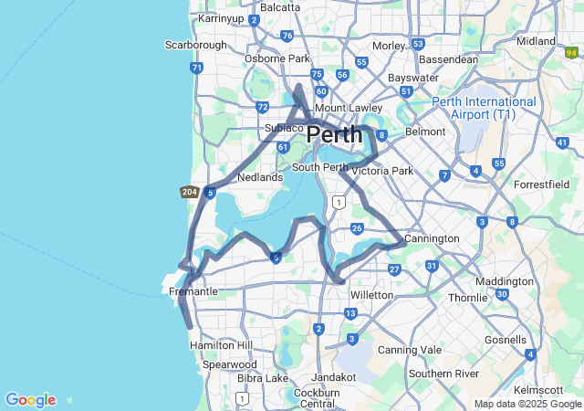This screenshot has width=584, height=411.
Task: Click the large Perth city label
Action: [x=339, y=134]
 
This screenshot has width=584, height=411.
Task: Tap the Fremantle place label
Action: [x=193, y=291]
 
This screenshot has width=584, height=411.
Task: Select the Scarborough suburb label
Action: [x=195, y=45]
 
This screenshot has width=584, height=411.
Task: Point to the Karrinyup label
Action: [x=220, y=17]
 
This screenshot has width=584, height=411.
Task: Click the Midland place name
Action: [x=536, y=41]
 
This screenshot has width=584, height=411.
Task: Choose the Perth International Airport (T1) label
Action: [x=484, y=108]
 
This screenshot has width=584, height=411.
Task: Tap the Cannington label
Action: [x=433, y=238]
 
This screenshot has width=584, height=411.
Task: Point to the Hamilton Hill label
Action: [x=220, y=345]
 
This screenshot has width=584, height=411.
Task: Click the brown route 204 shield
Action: [x=190, y=192]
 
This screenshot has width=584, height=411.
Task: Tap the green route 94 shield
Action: [x=572, y=53]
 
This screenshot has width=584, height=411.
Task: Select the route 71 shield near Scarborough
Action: [x=196, y=68]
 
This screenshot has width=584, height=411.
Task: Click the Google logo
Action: [x=30, y=400]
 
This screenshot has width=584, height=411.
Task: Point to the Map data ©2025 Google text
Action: [x=527, y=404]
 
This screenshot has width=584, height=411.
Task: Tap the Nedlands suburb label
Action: [x=260, y=177]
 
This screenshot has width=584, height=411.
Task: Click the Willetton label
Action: [x=371, y=295]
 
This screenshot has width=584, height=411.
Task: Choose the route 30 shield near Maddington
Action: [x=503, y=293]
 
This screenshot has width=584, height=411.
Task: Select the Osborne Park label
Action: [x=277, y=58]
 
